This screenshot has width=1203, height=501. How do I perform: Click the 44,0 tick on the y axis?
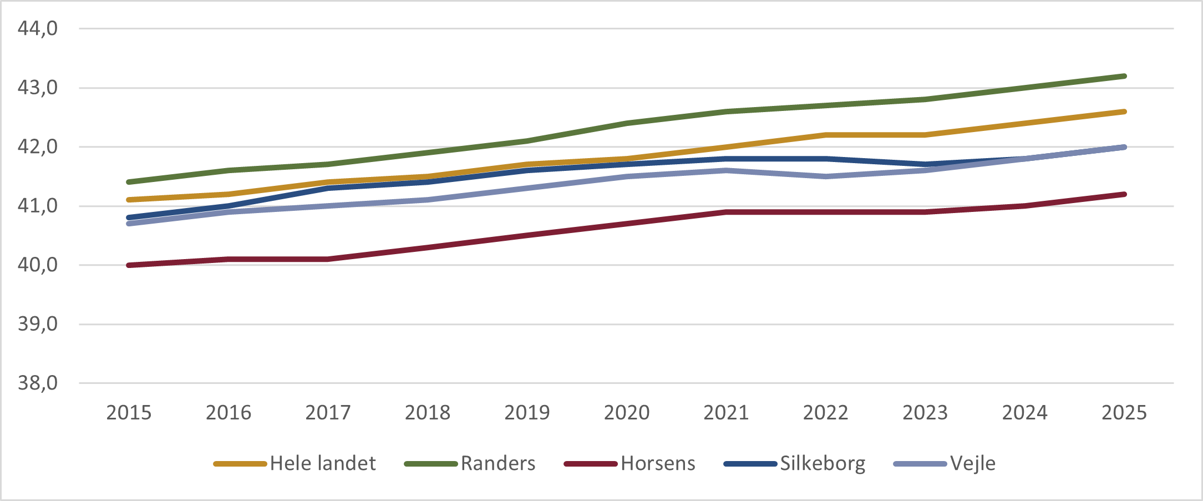click(x=38, y=28)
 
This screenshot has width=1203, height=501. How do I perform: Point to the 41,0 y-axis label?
click(x=38, y=206)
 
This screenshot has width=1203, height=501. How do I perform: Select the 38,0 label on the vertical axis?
click(x=38, y=383)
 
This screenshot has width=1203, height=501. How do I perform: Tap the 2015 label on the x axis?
click(x=129, y=413)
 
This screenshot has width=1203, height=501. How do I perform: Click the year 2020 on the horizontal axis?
click(x=627, y=413)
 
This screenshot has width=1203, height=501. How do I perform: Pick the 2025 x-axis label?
click(x=1124, y=413)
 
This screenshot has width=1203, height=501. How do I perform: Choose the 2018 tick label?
click(x=428, y=413)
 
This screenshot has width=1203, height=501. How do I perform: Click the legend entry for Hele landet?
click(x=322, y=463)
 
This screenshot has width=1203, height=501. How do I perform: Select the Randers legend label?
click(x=498, y=463)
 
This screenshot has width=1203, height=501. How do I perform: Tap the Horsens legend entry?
click(x=658, y=463)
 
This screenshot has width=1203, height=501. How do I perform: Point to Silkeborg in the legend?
click(x=823, y=463)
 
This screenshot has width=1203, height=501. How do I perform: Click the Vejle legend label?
click(x=973, y=463)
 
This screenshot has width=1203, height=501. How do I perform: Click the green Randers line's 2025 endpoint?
click(x=1124, y=76)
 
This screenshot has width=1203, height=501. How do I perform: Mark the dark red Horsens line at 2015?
click(x=129, y=265)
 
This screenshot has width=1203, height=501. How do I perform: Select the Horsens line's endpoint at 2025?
click(x=1124, y=194)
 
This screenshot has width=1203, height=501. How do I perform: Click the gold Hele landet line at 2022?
click(x=826, y=135)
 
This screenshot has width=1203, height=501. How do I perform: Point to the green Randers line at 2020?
click(x=627, y=123)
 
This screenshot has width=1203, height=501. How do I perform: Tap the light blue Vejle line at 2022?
click(x=826, y=176)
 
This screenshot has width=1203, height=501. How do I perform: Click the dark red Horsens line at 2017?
click(x=328, y=259)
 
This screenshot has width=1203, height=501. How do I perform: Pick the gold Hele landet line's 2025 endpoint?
click(x=1124, y=112)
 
